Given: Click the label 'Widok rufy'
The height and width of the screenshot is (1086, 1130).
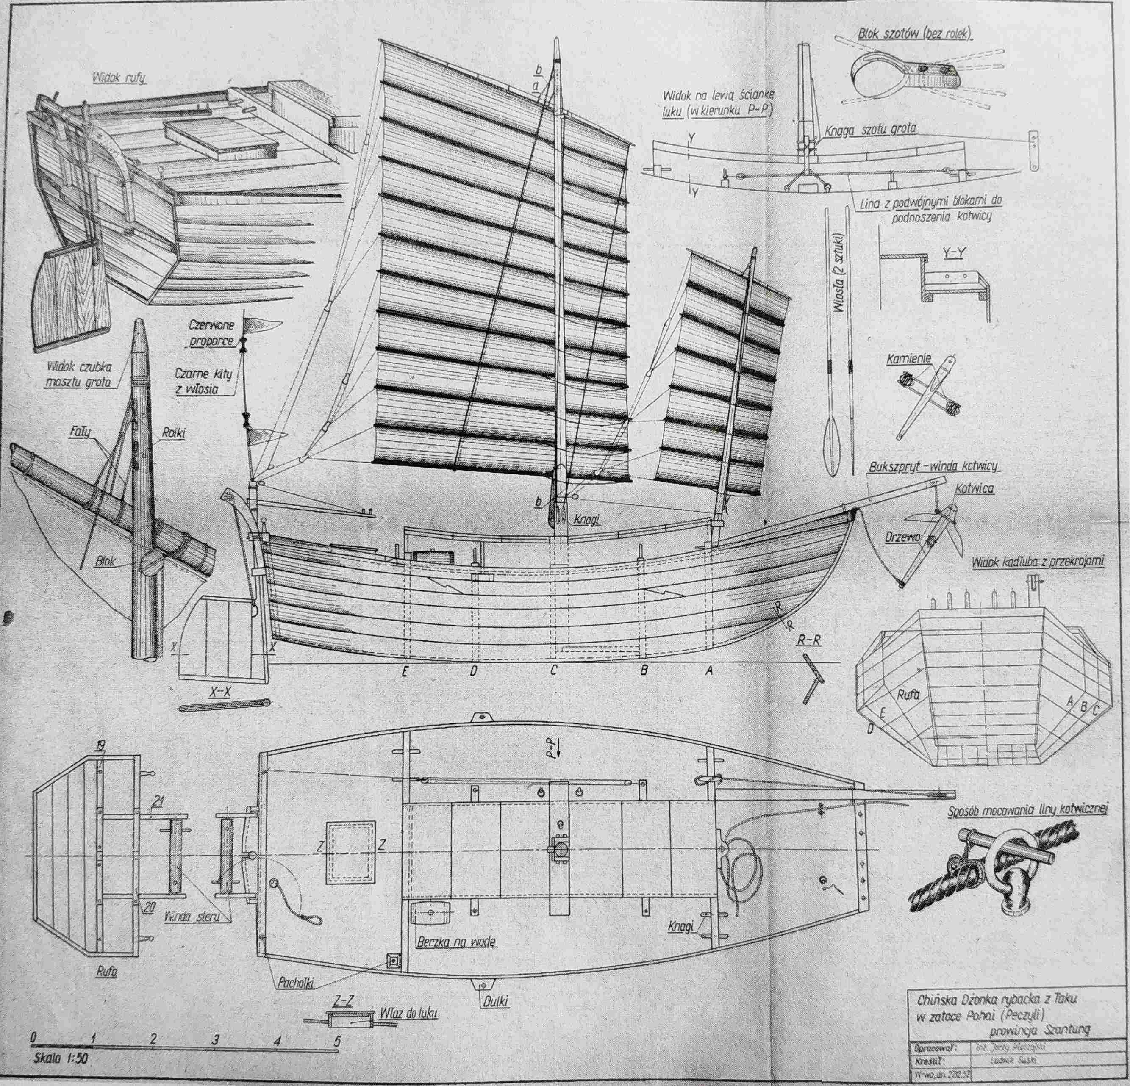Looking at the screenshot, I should [x=119, y=78].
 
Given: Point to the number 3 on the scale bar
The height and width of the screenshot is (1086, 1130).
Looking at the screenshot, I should [x=215, y=1039].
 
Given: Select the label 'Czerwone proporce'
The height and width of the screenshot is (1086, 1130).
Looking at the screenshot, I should [x=211, y=333].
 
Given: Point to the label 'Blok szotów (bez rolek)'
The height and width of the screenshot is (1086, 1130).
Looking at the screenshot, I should [x=914, y=35].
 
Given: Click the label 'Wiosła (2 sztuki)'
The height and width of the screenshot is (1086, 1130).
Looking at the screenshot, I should [x=837, y=272].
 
